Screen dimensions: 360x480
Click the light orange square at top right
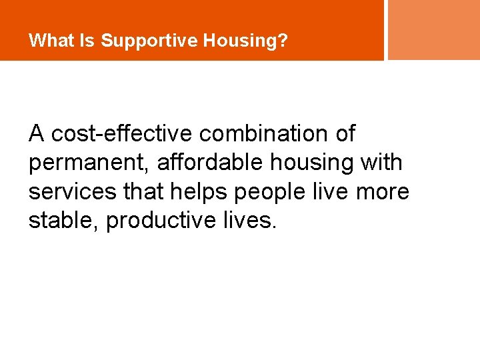click(x=433, y=29)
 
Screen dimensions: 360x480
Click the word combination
click(x=265, y=134)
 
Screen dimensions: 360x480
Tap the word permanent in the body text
click(x=89, y=163)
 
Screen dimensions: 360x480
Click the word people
click(x=271, y=192)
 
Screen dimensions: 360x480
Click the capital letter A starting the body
click(x=37, y=134)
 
